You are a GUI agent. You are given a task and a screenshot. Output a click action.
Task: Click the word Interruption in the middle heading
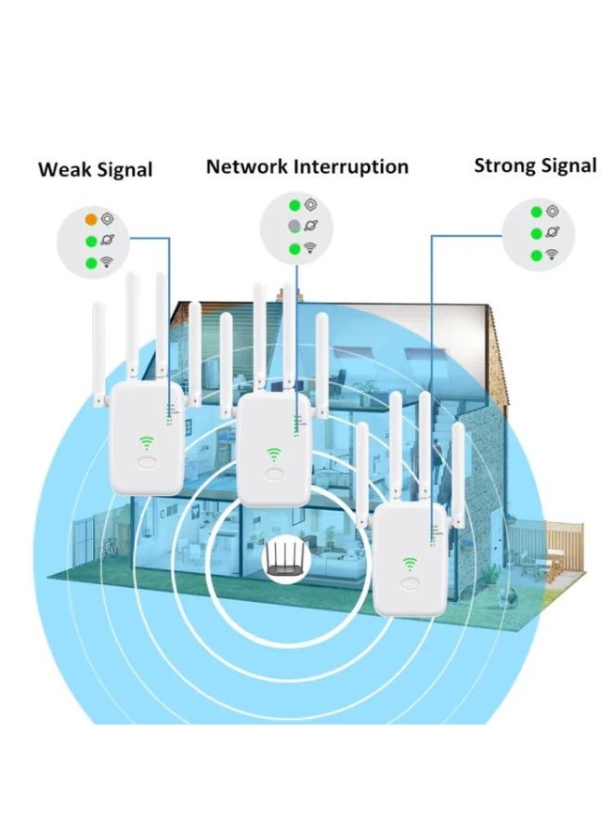pyautogui.click(x=351, y=167)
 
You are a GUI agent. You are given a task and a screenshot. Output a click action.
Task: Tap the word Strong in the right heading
pyautogui.click(x=504, y=166)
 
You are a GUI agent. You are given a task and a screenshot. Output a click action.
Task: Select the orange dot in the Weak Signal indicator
pyautogui.click(x=91, y=220)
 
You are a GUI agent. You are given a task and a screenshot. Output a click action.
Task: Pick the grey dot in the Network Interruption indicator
pyautogui.click(x=293, y=227)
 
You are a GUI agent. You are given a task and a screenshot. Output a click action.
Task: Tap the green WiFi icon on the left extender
pyautogui.click(x=147, y=443)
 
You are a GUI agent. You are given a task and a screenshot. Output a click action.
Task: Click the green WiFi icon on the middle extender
pyautogui.click(x=275, y=453)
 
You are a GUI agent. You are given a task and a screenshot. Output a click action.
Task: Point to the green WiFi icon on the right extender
pyautogui.click(x=410, y=563)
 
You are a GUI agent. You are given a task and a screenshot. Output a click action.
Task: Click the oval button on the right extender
pyautogui.click(x=410, y=585)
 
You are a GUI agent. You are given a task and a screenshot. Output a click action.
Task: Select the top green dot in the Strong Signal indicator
pyautogui.click(x=537, y=213)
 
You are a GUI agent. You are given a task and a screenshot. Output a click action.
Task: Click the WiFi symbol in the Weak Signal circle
pyautogui.click(x=108, y=263)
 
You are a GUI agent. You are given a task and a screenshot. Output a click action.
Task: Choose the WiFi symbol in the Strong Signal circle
pyautogui.click(x=553, y=255)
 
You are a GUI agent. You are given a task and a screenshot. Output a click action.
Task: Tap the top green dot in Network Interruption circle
pyautogui.click(x=293, y=205)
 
